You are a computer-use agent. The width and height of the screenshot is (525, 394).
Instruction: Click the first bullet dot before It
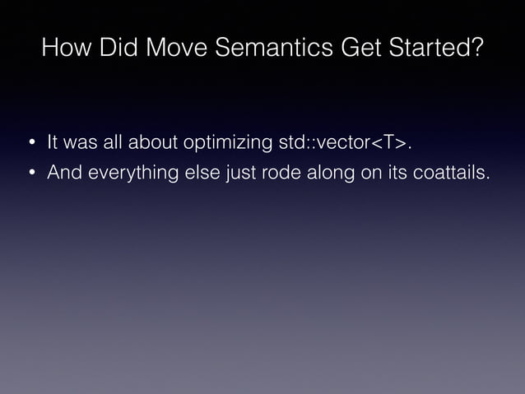31,145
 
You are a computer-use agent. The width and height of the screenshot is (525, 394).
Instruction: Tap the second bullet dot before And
31,174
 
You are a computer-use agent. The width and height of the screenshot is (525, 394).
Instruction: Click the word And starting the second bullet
63,174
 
